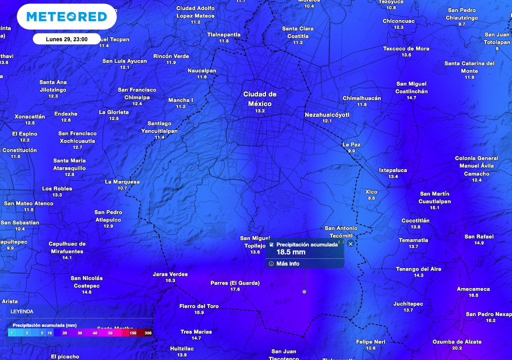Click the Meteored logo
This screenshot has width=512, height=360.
[66, 17]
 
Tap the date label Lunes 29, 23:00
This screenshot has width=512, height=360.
[66, 39]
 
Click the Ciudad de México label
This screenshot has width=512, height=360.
[259, 98]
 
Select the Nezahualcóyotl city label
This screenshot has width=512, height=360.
[327, 114]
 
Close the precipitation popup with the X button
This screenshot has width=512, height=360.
[350, 244]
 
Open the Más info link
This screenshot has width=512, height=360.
[287, 263]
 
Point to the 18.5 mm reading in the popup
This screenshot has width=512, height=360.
[291, 252]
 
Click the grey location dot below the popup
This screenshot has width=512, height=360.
[304, 291]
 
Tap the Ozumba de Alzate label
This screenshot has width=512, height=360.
[457, 341]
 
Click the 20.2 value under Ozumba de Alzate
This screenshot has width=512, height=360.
[457, 348]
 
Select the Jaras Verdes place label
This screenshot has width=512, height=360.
[170, 274]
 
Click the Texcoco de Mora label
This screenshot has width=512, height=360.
[406, 48]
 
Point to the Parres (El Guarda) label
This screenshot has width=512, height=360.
[235, 282]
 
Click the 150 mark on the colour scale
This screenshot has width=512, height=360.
[133, 333]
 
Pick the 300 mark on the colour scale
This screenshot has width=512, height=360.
[147, 333]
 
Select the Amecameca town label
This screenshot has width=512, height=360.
[473, 289]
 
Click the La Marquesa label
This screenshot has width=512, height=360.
[122, 182]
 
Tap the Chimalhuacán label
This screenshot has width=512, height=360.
[361, 98]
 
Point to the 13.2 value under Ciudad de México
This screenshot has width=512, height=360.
[259, 111]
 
